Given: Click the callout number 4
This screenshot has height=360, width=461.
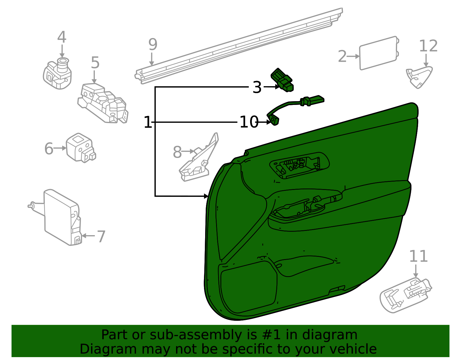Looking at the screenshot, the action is click(x=62, y=37).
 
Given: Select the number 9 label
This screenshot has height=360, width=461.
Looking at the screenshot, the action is click(x=153, y=44).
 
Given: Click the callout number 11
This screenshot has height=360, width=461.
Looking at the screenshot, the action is click(x=418, y=256).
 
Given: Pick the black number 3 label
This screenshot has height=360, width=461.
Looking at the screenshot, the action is click(x=257, y=87).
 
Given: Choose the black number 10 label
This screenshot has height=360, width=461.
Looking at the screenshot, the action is click(x=249, y=122).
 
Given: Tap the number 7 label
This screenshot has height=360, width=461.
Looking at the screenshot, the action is click(x=101, y=237).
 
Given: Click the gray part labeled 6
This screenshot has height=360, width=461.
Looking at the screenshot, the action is click(x=81, y=148).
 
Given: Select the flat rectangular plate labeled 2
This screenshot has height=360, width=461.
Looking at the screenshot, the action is click(x=379, y=53).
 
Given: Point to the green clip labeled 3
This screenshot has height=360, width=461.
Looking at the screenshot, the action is click(x=282, y=80).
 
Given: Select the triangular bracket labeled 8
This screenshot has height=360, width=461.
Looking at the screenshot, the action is click(x=199, y=157).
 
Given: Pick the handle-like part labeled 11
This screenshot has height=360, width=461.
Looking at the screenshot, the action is click(x=405, y=295).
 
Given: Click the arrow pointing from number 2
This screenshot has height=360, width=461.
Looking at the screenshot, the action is click(x=353, y=56).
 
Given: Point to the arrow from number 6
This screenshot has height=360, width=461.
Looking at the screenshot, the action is click(x=60, y=148).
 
